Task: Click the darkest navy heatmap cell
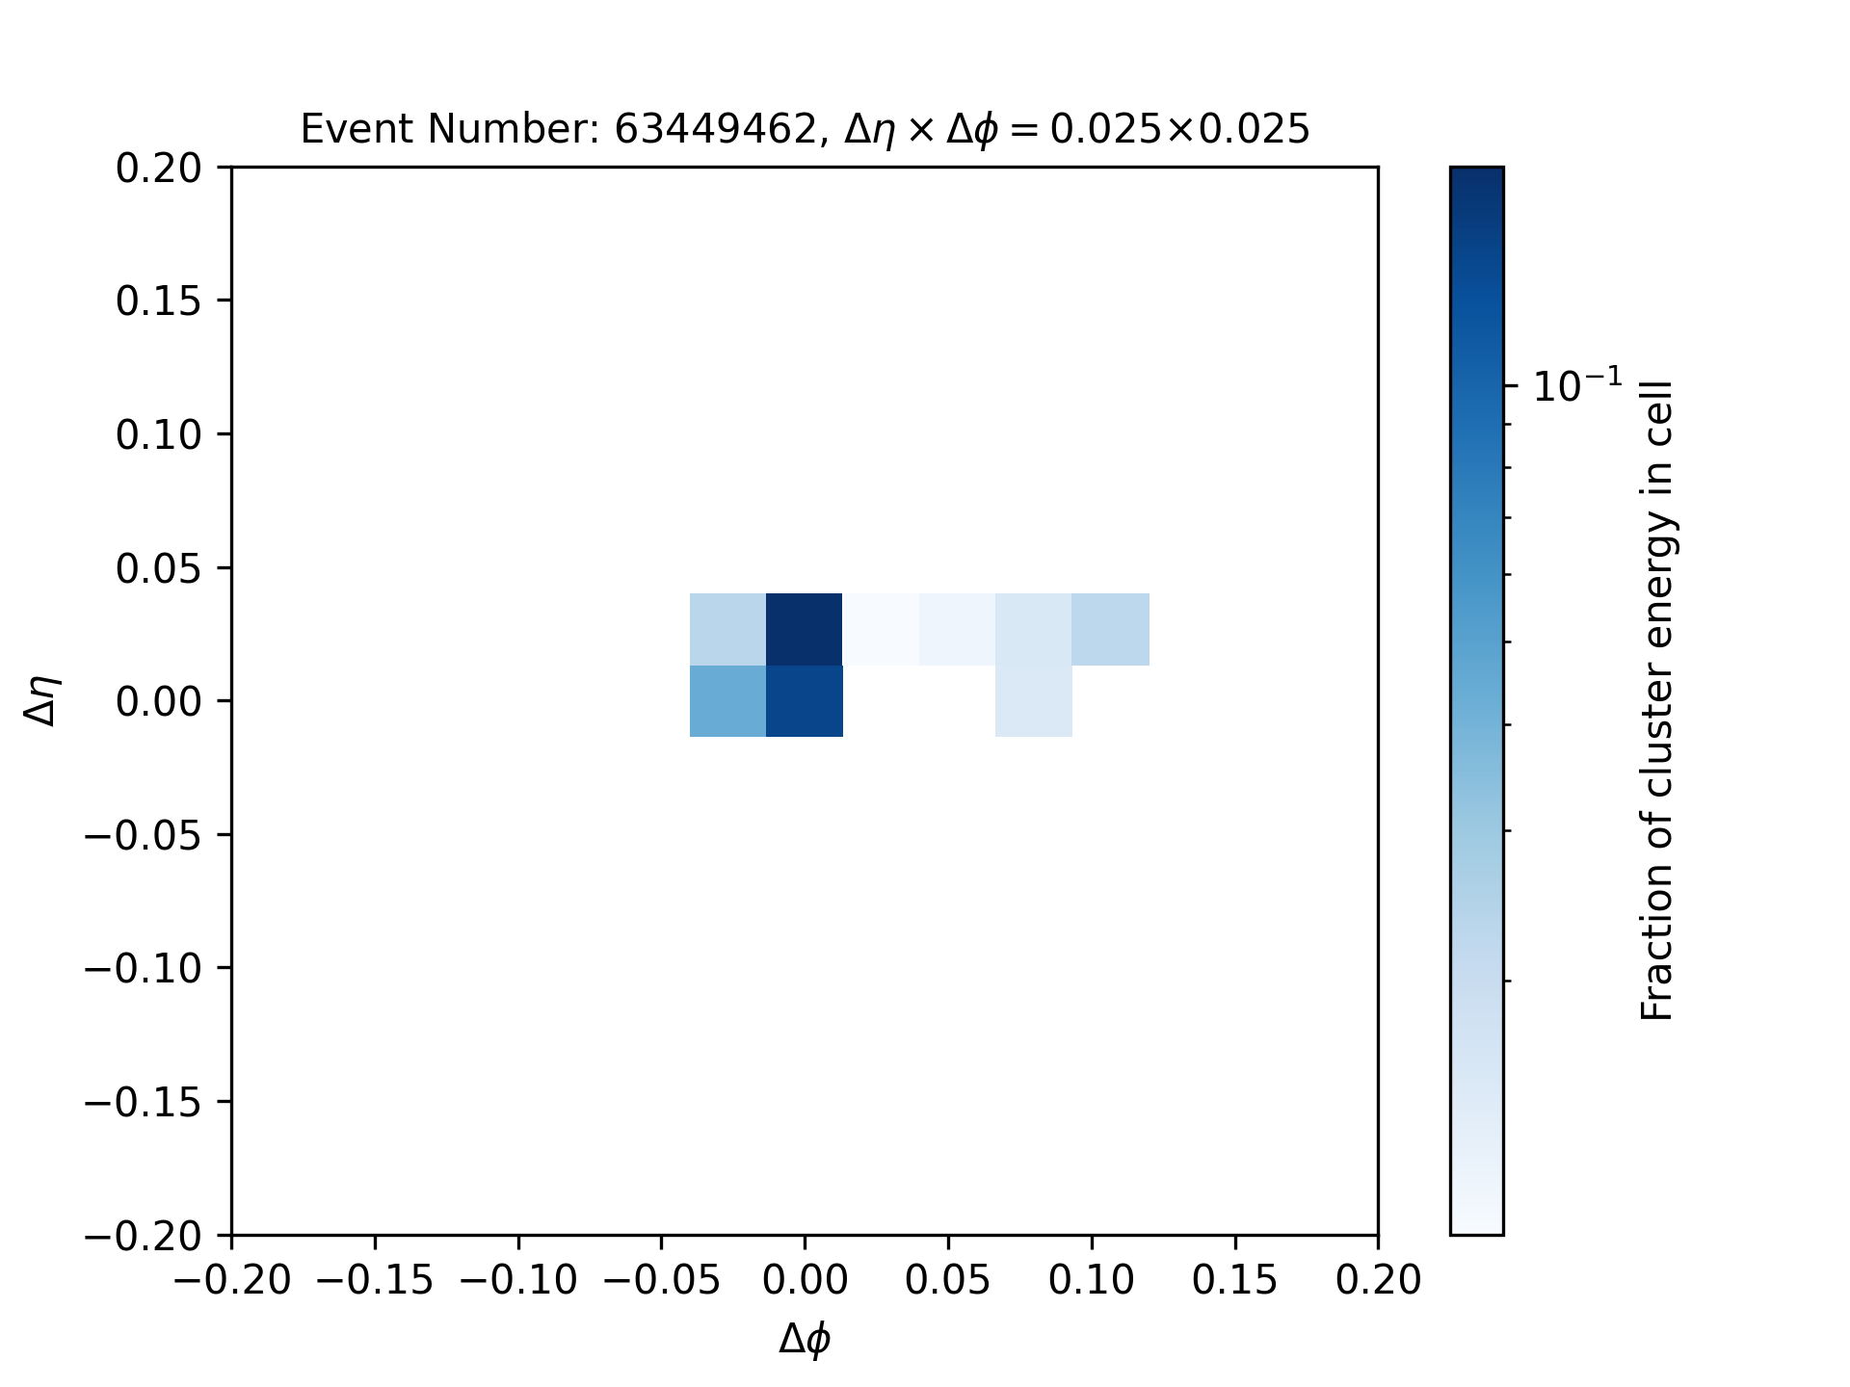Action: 805,629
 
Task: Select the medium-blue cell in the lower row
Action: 728,701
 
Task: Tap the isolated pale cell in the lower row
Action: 1034,701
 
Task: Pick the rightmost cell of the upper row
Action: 1110,629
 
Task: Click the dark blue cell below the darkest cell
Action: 805,701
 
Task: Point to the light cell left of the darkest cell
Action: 728,629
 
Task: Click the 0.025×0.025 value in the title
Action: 1179,129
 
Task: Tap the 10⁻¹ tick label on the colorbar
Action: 1577,386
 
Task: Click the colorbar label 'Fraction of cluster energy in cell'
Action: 1657,700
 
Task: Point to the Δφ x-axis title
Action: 805,1338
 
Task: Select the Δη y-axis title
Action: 44,700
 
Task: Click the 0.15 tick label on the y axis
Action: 159,301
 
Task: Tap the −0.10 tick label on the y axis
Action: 144,968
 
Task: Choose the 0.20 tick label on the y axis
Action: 159,169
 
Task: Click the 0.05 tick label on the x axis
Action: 948,1280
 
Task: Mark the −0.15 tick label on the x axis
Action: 375,1280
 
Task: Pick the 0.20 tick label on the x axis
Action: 1379,1280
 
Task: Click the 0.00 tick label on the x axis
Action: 805,1280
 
